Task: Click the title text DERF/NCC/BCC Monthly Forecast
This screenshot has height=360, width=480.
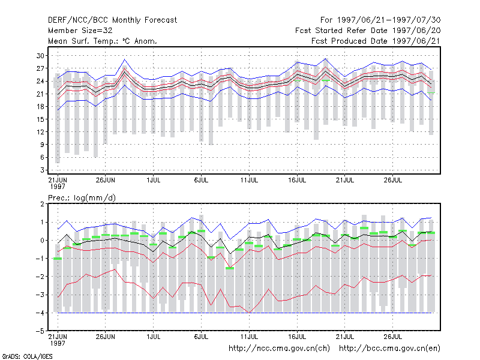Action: (112, 20)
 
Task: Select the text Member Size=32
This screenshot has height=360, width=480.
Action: (80, 31)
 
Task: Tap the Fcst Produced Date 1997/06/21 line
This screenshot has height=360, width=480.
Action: (376, 41)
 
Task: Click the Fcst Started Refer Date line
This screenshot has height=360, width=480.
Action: (368, 31)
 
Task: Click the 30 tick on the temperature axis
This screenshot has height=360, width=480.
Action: (40, 56)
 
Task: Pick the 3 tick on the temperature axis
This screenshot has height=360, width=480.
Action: (42, 170)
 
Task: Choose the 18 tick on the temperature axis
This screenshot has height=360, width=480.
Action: (40, 107)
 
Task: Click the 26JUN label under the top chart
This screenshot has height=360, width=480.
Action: (106, 180)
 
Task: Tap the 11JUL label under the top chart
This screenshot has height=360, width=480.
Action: (249, 180)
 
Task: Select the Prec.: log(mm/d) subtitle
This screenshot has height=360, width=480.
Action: (82, 198)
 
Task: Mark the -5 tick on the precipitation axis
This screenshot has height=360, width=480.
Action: (40, 331)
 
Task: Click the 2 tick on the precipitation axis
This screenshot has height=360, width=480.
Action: (42, 204)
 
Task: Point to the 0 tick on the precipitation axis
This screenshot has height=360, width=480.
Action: (42, 241)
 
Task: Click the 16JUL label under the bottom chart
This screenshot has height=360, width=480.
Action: (297, 337)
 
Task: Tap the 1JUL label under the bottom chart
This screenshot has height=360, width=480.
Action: (154, 337)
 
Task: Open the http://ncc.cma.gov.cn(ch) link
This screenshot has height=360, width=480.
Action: (279, 349)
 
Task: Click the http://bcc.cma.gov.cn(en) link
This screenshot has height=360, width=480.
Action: (389, 349)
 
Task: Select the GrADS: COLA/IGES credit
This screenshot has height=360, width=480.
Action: (27, 356)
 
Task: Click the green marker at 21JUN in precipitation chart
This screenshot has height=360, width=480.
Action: (58, 259)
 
